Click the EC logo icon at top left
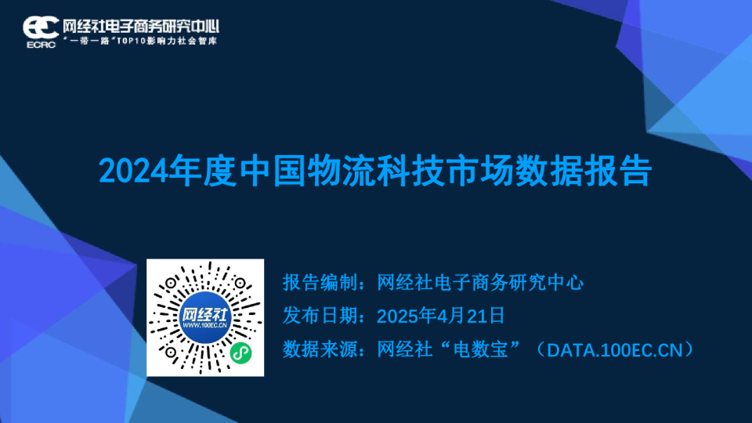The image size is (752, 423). coord(38,26)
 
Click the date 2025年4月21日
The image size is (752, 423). coord(439,316)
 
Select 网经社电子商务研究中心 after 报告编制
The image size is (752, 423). coord(480,283)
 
